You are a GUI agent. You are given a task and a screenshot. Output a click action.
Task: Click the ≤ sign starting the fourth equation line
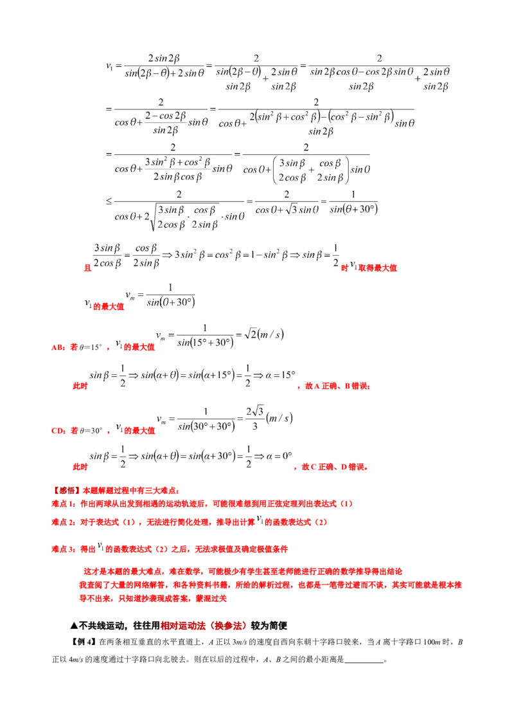109,201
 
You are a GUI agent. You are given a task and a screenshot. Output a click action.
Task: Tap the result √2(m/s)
264,334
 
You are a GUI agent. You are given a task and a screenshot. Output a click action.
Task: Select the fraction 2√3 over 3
254,418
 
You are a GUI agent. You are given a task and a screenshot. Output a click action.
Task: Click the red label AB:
58,347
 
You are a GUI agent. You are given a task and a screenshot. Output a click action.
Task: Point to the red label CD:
58,431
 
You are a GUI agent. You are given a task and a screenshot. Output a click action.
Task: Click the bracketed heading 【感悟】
66,490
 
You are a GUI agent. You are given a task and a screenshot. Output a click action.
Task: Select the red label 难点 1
63,504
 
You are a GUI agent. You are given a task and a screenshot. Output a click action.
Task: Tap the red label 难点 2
63,522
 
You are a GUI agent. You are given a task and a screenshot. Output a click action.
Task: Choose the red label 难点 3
63,549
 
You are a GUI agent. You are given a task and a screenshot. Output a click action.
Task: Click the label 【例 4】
84,642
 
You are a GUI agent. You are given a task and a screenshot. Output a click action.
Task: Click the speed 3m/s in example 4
239,642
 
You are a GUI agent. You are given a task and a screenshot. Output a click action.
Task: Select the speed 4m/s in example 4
76,659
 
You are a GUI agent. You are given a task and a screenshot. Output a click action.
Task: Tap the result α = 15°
281,375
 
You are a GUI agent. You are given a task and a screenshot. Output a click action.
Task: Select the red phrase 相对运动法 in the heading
182,626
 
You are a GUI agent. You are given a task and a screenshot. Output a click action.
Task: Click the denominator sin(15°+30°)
205,343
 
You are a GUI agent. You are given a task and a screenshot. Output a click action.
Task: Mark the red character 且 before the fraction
87,268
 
